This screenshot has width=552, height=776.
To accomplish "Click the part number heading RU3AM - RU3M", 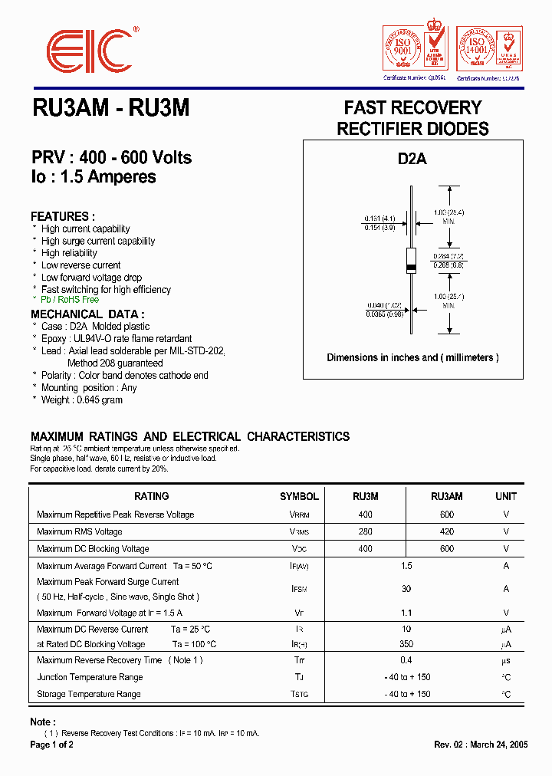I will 110,109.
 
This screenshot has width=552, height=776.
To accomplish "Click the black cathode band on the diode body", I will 412,267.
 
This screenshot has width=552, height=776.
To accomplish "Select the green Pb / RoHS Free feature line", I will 70,300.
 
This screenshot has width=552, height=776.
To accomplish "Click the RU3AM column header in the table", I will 446,497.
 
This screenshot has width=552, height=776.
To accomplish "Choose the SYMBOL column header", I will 299,497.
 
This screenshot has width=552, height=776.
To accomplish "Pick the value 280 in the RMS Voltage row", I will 365,531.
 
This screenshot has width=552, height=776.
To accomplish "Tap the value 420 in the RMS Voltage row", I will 446,531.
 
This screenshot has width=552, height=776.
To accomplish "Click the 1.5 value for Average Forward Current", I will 406,566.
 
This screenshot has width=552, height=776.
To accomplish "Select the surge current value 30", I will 406,589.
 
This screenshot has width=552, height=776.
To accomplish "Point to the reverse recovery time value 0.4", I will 406,660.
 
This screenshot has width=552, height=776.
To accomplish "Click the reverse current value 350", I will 406,645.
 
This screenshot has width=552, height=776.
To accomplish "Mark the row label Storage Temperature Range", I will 89,694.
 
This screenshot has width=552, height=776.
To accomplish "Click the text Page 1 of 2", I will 52,745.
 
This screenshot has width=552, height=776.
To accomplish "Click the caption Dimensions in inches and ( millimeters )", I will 412,357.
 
